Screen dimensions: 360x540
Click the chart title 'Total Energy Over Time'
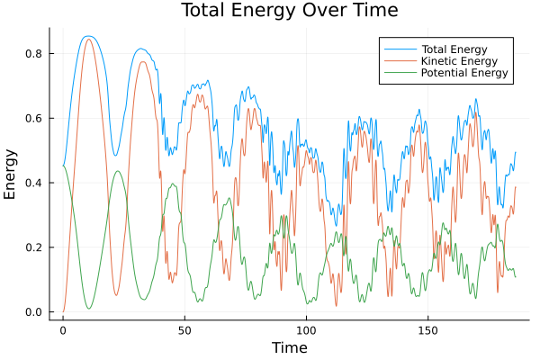289,11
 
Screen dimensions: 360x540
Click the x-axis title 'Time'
289,347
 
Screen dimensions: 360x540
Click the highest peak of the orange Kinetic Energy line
88,39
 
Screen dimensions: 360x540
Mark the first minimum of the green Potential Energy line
88,309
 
